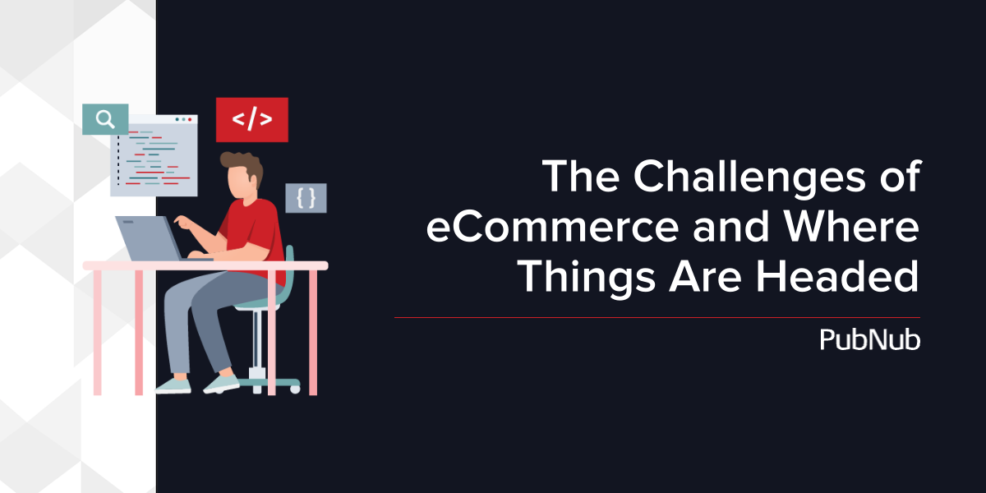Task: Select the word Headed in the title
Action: tap(837, 276)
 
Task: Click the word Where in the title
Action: tap(851, 226)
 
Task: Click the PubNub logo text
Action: tap(870, 339)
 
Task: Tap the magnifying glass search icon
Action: tap(105, 119)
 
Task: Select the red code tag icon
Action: tap(251, 120)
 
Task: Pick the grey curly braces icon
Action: tap(306, 198)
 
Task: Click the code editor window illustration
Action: tap(154, 155)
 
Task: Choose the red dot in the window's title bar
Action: tap(190, 119)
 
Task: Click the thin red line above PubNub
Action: tap(657, 317)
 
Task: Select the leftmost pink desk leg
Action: tap(97, 332)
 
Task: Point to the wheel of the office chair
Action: tap(295, 389)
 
